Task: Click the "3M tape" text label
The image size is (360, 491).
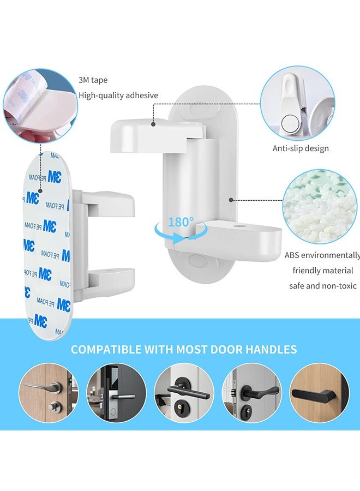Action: point(93,80)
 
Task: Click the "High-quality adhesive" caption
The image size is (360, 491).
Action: point(118,95)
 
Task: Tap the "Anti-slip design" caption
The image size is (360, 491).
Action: point(301,148)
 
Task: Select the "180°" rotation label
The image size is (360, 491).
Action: point(181,222)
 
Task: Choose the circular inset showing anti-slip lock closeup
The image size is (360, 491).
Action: point(297,103)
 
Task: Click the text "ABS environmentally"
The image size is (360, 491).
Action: point(322,255)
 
